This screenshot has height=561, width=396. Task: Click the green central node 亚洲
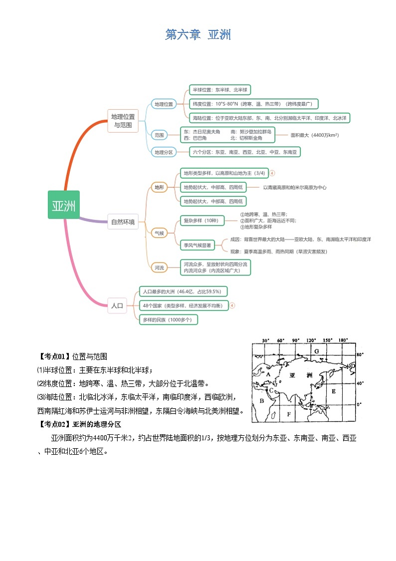click(x=64, y=205)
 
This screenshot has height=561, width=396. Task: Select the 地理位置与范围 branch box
click(x=123, y=121)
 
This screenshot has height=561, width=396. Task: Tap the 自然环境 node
click(x=123, y=223)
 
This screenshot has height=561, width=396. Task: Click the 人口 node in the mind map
click(x=117, y=305)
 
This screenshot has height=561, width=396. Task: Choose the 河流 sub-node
click(x=159, y=268)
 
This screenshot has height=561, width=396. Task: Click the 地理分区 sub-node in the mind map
click(x=164, y=152)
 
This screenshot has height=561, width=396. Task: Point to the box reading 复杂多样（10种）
click(x=201, y=221)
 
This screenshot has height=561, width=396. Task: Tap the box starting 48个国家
click(x=183, y=305)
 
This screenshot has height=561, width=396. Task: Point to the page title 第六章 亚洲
click(x=198, y=34)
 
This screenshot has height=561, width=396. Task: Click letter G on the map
click(x=317, y=351)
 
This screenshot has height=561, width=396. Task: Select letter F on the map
click(x=288, y=414)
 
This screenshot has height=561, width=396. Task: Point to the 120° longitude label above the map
click(x=312, y=340)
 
